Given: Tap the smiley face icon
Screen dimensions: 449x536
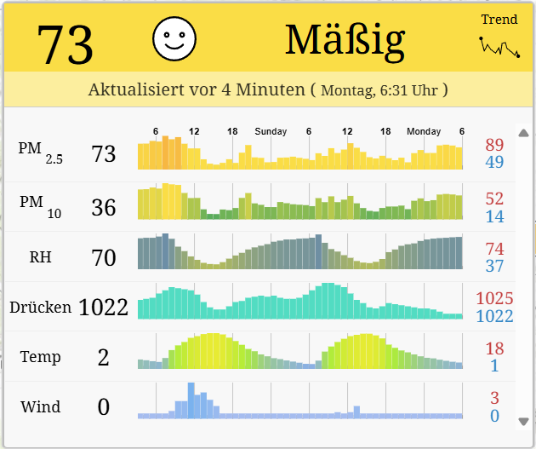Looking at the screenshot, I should (x=174, y=38).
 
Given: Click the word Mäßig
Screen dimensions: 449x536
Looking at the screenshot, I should (x=345, y=39).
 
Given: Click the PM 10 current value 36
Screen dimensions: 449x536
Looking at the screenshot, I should (x=103, y=207).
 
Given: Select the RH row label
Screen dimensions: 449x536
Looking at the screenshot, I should (x=40, y=256).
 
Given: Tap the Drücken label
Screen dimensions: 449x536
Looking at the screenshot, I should (x=40, y=307).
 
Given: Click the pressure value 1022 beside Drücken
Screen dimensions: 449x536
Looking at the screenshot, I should (x=103, y=308).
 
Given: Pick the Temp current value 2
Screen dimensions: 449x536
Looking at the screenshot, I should (x=103, y=357).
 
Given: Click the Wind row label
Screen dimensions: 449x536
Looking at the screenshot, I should (x=40, y=406).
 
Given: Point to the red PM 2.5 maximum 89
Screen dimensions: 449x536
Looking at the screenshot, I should (x=494, y=145).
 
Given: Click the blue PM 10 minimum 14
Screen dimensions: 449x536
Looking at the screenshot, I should (x=494, y=216).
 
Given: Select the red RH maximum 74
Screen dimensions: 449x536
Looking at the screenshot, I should (x=494, y=249).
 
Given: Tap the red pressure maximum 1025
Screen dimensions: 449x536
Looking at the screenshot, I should (x=494, y=299).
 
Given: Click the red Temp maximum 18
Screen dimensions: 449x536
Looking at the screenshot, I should (x=494, y=348).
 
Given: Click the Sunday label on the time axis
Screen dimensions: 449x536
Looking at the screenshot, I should (x=271, y=131).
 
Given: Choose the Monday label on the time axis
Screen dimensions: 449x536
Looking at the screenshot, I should (x=424, y=131).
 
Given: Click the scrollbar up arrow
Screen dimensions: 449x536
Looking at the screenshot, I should (x=523, y=133).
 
